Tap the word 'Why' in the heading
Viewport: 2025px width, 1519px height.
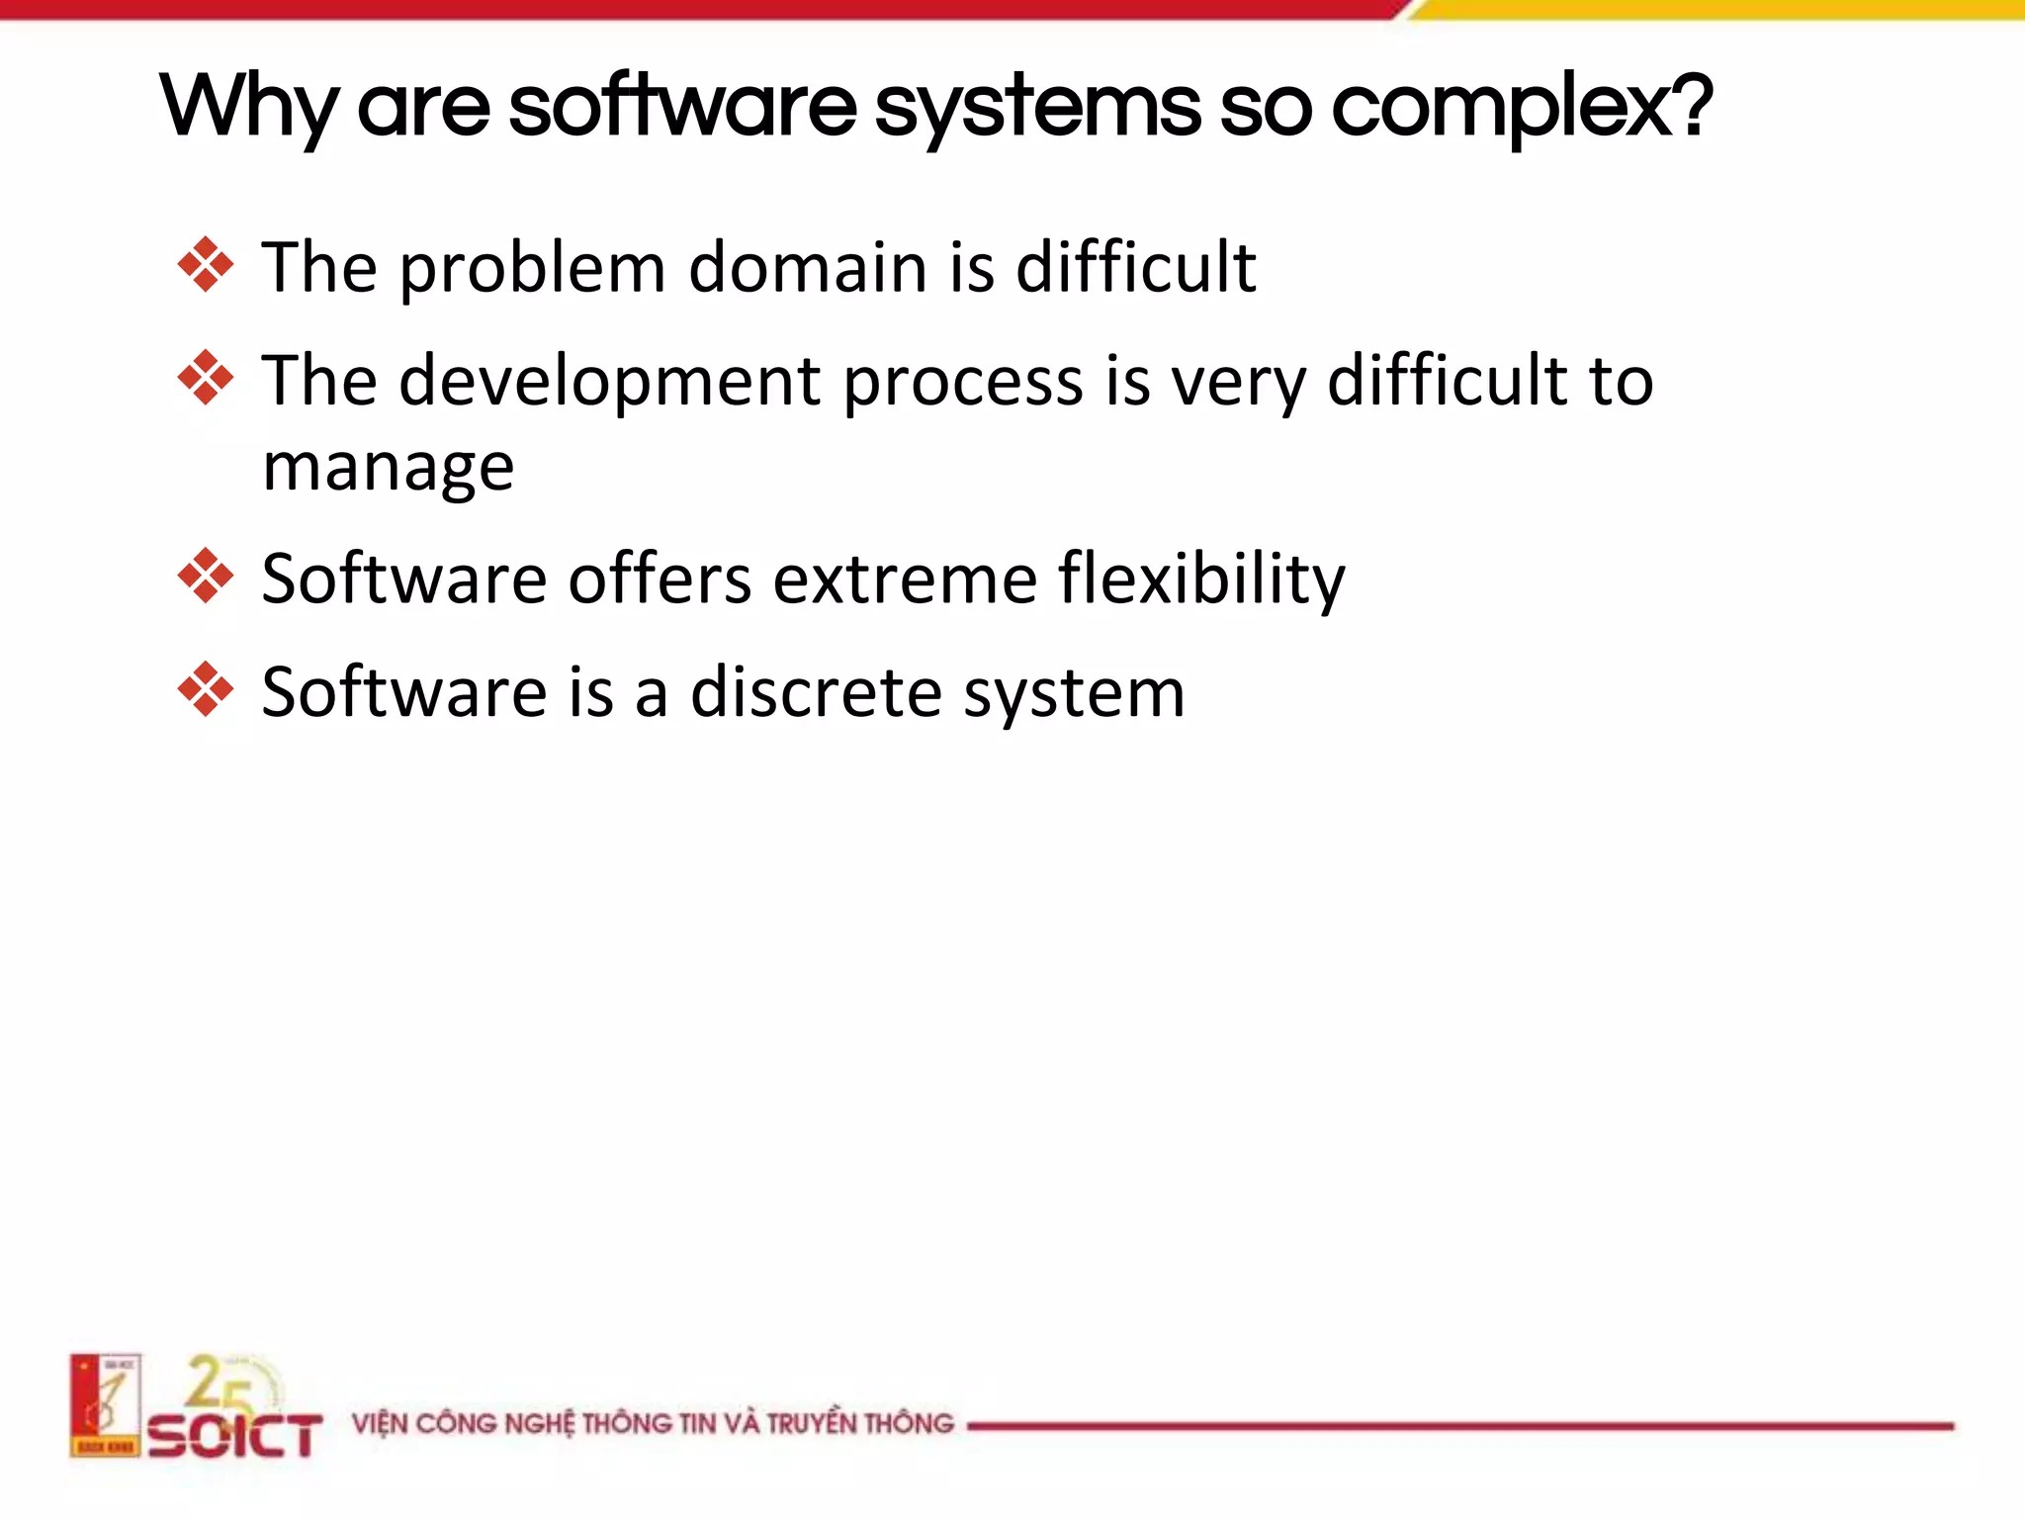click(248, 109)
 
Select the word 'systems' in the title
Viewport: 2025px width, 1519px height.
click(1038, 109)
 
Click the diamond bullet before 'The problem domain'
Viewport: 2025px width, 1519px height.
click(206, 265)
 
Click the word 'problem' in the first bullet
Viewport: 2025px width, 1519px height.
click(532, 269)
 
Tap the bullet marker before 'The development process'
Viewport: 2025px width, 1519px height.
click(206, 378)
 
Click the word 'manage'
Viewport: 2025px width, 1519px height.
click(388, 467)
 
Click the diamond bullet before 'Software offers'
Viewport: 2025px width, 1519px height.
click(206, 576)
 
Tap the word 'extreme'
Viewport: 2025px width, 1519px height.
click(905, 580)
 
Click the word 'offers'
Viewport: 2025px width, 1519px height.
click(660, 580)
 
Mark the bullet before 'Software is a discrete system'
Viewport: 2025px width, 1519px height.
click(206, 689)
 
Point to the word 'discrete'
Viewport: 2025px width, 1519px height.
click(817, 692)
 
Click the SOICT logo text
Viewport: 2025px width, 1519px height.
click(235, 1435)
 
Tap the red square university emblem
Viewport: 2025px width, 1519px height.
click(105, 1405)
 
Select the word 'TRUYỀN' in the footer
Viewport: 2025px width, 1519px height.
click(811, 1424)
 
